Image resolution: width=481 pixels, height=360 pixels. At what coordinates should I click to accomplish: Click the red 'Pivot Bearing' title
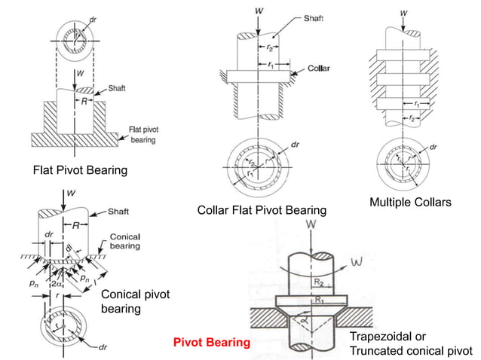coord(212,343)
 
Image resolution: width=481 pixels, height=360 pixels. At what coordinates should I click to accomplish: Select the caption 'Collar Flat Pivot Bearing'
coord(262,210)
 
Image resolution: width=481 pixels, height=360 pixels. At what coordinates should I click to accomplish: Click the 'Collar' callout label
coord(319,68)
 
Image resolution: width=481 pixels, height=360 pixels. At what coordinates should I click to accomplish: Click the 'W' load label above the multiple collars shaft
coord(404,13)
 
